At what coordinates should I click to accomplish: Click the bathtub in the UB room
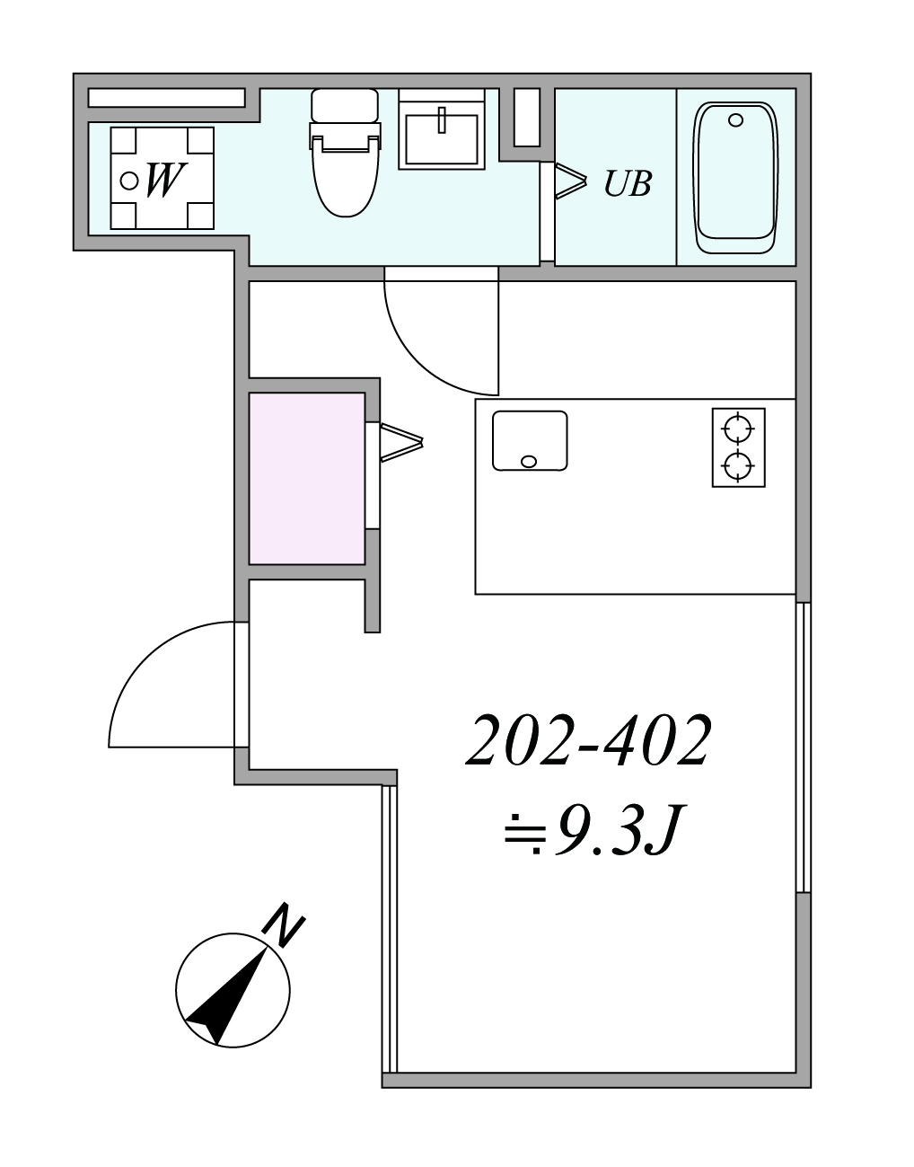point(735,178)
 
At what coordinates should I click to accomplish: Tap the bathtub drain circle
point(736,120)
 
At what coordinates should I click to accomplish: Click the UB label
point(628,183)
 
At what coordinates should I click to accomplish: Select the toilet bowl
point(346,177)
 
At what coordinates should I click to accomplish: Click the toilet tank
point(345,106)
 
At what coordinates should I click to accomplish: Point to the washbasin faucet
point(442,119)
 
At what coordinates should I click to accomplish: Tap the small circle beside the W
point(129,181)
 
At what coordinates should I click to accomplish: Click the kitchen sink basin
point(530,441)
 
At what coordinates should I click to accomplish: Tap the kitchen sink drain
point(529,462)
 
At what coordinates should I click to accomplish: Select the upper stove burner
point(739,429)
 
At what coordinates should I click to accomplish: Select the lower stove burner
point(739,466)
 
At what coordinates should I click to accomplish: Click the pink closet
point(307,479)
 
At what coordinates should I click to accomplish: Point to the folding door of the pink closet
point(401,443)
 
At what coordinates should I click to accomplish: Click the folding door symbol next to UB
point(570,181)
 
